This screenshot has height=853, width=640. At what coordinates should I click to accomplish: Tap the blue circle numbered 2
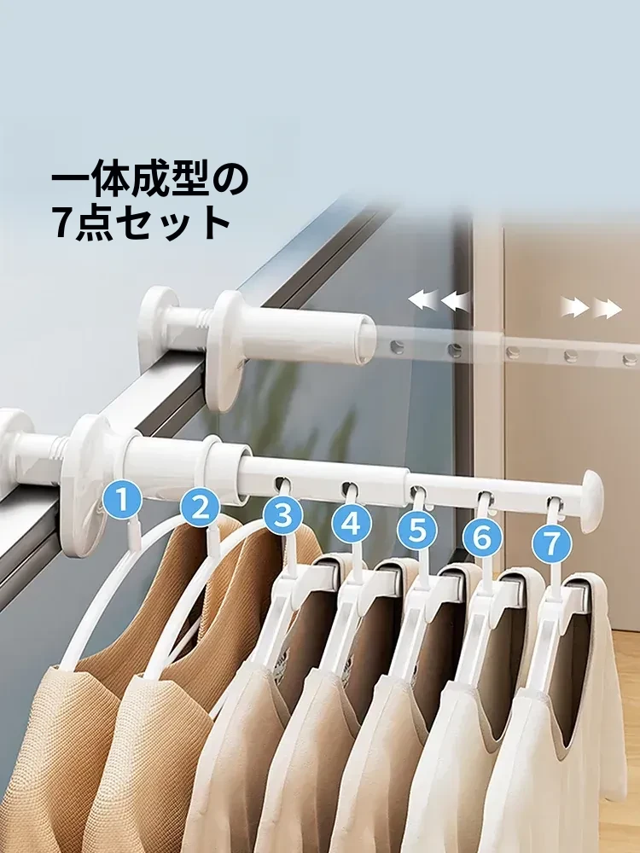pos(201,507)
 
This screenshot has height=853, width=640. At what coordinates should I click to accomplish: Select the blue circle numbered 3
pos(283,514)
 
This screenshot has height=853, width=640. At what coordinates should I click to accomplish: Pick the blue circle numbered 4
pos(352,523)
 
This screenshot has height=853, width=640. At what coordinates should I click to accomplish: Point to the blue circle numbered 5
pos(417,529)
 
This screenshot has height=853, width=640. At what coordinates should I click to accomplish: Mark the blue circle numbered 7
pos(552,543)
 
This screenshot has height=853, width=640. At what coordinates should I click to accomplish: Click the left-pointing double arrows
pos(439,300)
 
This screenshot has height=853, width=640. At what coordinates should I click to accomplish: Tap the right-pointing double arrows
pos(591,308)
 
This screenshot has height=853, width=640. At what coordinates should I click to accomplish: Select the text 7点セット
pos(142,223)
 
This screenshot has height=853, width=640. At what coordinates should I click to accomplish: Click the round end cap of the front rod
pos(591,501)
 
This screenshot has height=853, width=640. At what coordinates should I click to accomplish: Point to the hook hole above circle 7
pos(554,502)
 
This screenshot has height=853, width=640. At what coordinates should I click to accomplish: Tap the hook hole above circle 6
pos(485,497)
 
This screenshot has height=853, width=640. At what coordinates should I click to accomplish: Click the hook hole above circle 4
pos(350,487)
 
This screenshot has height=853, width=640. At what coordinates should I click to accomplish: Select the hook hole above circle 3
pos(282,483)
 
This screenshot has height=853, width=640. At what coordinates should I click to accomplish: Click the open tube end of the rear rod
pos(367,341)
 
